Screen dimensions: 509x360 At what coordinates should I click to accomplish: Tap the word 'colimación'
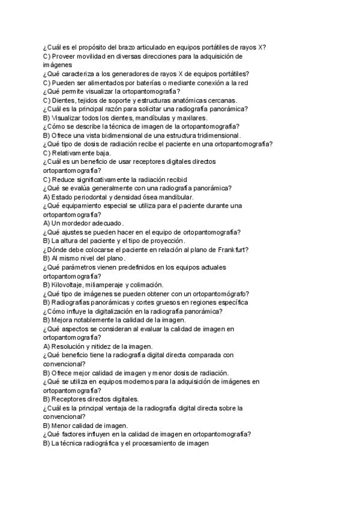145,285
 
